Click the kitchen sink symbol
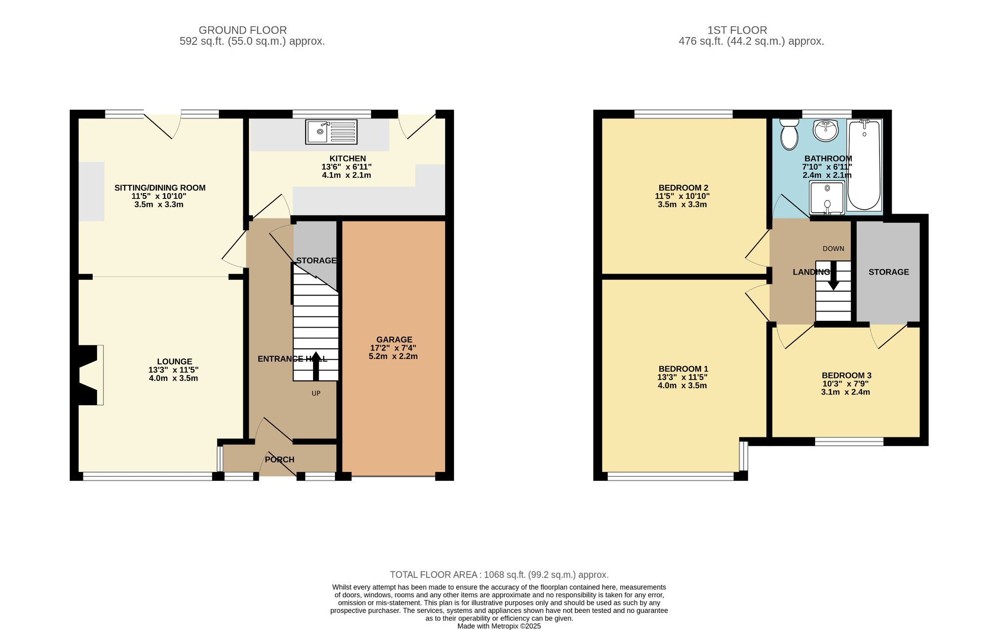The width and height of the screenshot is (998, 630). pos(331,132)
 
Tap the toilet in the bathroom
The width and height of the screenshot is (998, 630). pos(788,135)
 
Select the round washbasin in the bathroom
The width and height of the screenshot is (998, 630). pos(825,130)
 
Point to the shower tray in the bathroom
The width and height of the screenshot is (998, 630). pos(827,197)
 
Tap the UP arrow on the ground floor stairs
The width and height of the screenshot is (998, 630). pos(315,366)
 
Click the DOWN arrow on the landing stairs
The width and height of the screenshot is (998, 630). pos(833,276)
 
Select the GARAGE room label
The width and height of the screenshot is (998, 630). pos(394,339)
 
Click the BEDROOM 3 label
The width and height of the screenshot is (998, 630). pos(846,375)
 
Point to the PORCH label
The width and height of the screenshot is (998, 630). pos(279,459)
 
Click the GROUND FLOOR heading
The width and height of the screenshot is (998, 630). pos(242,30)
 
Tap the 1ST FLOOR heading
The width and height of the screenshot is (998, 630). pos(737,30)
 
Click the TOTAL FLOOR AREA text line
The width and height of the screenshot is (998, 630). pos(499,575)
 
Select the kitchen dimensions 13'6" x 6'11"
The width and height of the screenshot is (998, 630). pos(346,167)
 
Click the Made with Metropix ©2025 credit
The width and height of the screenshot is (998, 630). pos(499,626)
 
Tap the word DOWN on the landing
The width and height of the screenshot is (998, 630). pos(833,249)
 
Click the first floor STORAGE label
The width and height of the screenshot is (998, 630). pos(888,272)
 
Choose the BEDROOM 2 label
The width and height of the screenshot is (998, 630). pos(683,188)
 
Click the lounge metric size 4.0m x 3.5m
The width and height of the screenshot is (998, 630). pos(174,378)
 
